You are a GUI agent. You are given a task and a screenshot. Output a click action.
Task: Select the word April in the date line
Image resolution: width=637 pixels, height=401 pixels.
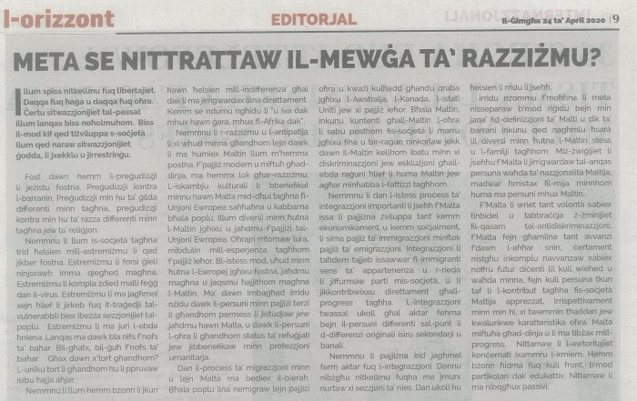tap(558, 14)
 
